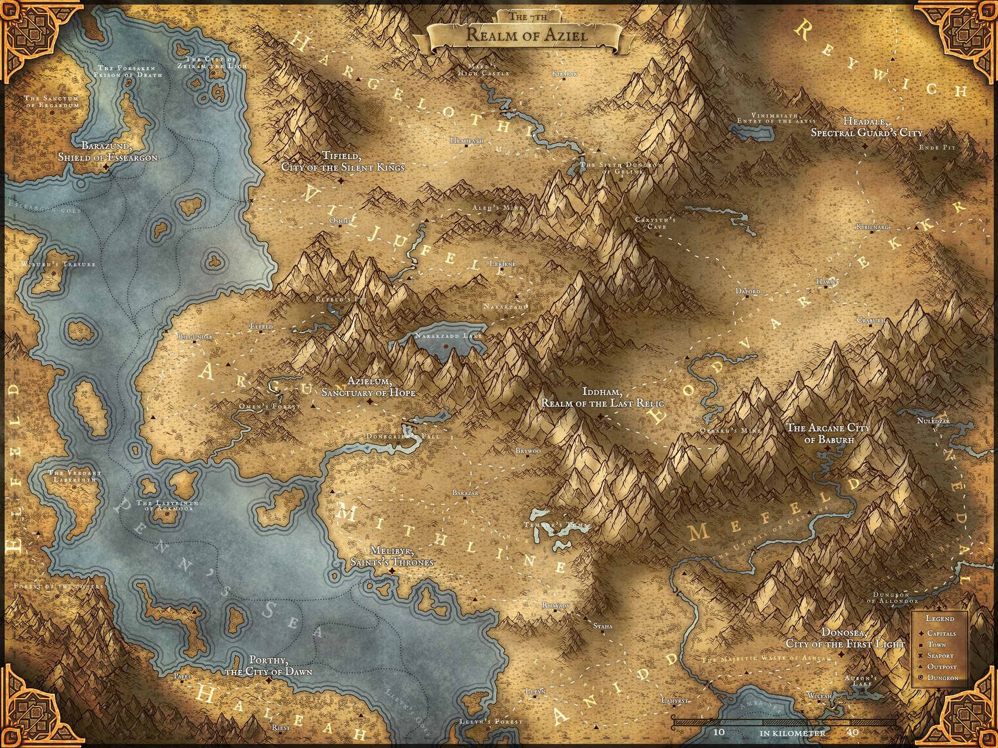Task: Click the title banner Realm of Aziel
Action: coord(526,34)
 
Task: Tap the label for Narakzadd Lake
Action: coord(449,336)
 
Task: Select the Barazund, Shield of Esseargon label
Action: coord(108,152)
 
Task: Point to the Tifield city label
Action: coord(343,161)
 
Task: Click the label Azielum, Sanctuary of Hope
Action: coord(369,387)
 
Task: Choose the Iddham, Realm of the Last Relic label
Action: coord(602,397)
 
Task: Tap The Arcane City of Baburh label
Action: coord(829,433)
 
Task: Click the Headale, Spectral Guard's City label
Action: coord(867,127)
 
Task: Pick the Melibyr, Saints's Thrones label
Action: coord(391,557)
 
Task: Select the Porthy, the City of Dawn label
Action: coord(268,666)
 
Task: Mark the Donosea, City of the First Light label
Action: coord(845,638)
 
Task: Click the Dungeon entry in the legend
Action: coord(943,678)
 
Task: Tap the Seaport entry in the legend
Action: coord(940,655)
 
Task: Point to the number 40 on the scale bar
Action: coord(853,732)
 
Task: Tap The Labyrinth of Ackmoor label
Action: coord(171,505)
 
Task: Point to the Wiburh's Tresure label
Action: coord(58,264)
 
